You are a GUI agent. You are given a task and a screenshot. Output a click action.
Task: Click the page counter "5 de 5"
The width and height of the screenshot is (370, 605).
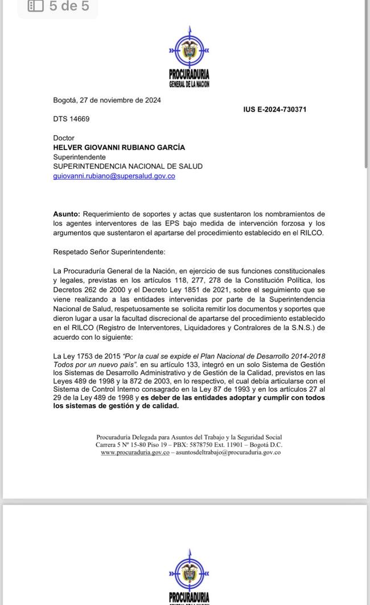point(69,6)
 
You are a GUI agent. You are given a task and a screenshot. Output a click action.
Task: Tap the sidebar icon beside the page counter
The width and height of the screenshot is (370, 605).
point(35,6)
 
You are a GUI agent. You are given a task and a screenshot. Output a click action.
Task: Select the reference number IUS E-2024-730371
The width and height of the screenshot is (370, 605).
point(275,109)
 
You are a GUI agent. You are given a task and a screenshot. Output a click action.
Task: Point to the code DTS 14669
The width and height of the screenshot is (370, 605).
point(71,119)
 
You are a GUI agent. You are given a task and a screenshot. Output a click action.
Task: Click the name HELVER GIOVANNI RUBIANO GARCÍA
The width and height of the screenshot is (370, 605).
point(118,147)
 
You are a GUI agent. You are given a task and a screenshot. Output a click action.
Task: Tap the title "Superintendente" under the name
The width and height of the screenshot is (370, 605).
point(79,157)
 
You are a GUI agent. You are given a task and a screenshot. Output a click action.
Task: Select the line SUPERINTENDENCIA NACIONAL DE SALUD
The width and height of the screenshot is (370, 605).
point(128,167)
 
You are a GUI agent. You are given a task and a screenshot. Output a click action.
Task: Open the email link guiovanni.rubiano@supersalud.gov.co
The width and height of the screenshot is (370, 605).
point(114,176)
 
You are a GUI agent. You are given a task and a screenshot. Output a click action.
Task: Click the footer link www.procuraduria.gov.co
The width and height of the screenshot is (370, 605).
point(135,452)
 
